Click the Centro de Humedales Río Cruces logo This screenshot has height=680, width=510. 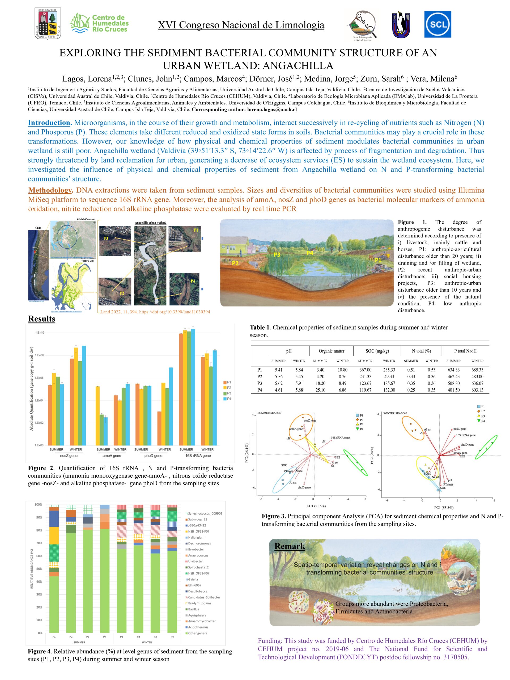coord(99,23)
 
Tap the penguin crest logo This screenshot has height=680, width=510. coord(401,25)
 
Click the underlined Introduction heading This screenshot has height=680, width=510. coord(49,123)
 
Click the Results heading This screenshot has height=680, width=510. coord(41,319)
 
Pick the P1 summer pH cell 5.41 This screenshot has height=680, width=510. coord(279,370)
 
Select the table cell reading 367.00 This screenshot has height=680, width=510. coord(365,370)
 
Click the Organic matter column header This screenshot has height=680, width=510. coord(331,351)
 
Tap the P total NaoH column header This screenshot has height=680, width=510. coord(465,351)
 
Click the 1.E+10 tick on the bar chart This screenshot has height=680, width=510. coord(40,333)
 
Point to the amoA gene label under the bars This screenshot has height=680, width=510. coord(112,456)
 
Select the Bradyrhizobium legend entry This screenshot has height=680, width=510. coord(199,603)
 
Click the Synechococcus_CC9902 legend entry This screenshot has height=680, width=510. coord(205,513)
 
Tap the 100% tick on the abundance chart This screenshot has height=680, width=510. coord(39,504)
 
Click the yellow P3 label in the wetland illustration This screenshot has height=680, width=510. coord(277,254)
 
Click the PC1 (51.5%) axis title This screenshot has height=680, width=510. coord(316,506)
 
